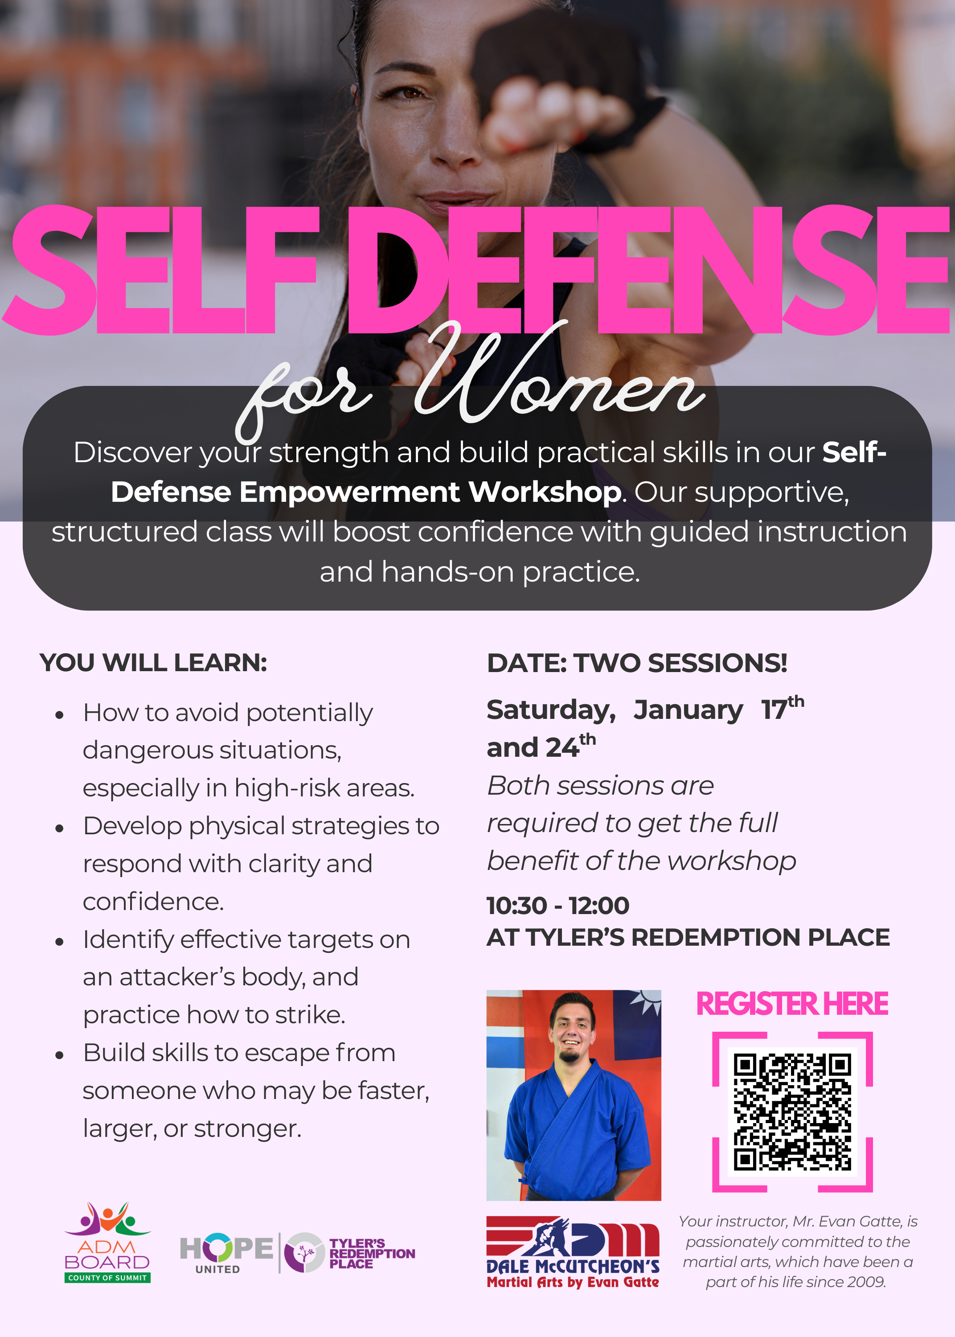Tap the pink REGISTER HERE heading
click(792, 1004)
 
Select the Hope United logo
click(226, 1252)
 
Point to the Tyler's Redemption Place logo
click(350, 1252)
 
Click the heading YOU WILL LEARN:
click(153, 663)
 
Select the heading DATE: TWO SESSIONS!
click(637, 663)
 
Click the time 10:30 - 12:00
click(557, 906)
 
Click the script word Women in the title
click(559, 382)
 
